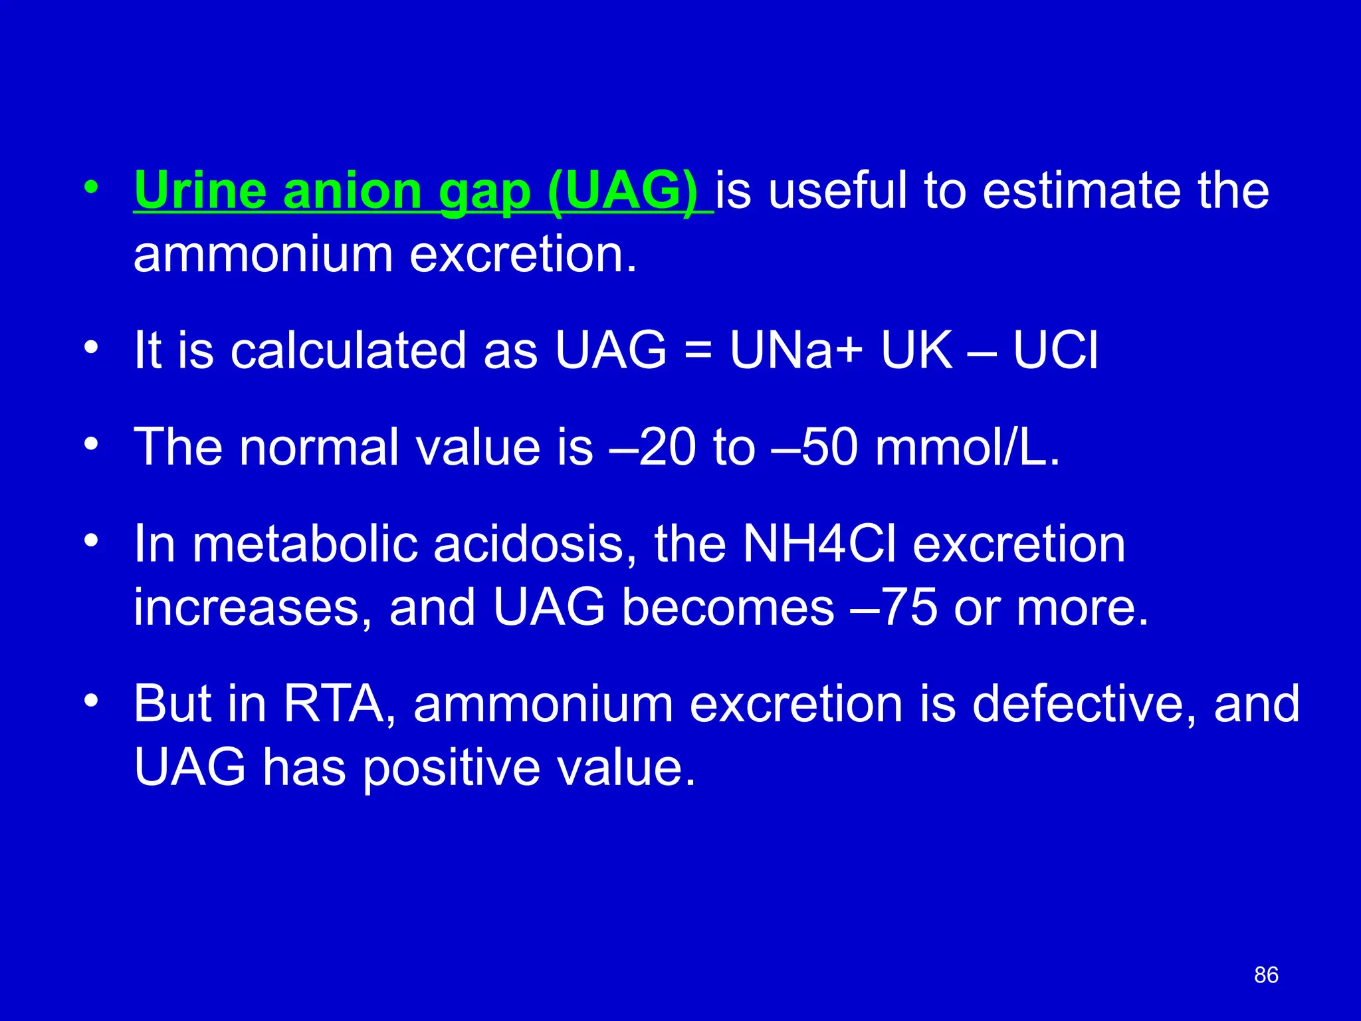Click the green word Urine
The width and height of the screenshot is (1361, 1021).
(x=200, y=191)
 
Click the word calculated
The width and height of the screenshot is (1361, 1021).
(x=348, y=350)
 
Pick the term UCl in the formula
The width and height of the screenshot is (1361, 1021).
(x=1055, y=350)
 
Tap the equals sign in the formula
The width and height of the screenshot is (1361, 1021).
(x=698, y=352)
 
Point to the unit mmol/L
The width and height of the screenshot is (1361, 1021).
(x=968, y=447)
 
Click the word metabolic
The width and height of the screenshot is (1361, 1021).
(x=305, y=544)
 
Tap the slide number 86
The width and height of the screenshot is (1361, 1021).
(x=1266, y=975)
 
